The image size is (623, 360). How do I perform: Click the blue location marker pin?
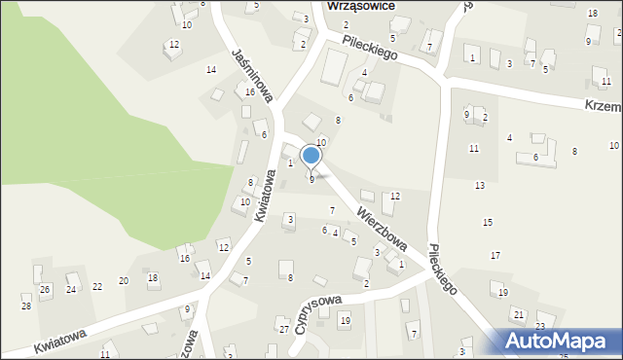[311, 156]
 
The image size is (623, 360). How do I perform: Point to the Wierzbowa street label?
[381, 227]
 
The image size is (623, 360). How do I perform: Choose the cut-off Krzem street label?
[603, 103]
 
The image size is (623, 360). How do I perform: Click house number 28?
[26, 306]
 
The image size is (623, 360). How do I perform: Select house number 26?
[45, 290]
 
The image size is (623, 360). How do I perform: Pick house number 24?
[71, 290]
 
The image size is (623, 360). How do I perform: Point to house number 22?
[97, 286]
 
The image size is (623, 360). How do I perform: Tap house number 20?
[124, 280]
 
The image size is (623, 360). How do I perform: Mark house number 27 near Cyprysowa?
[284, 330]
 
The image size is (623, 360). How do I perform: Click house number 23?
[540, 326]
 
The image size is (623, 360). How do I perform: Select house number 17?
[495, 255]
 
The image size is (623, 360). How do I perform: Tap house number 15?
[488, 223]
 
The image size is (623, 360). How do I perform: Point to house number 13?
[480, 185]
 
